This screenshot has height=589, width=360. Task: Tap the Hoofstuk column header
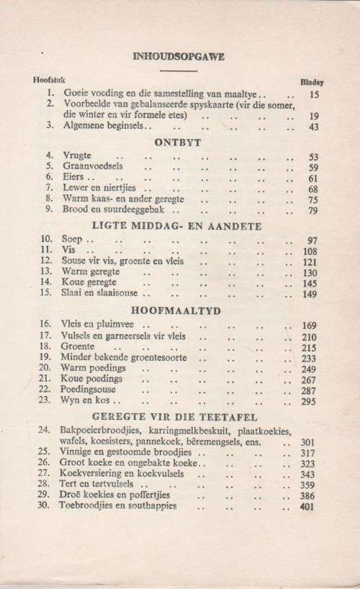pos(48,79)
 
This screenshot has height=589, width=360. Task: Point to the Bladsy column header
pos(311,82)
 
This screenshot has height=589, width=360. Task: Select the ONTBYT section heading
pos(178,141)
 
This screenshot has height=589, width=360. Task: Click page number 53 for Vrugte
pos(313,156)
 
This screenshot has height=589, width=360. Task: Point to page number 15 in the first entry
pos(314,94)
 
